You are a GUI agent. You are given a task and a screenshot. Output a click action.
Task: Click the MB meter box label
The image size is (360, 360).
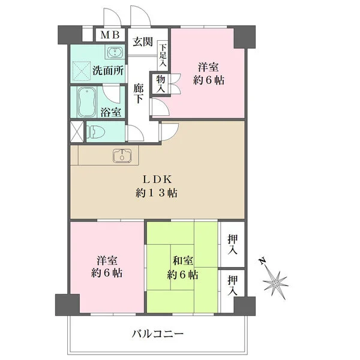coord(110,35)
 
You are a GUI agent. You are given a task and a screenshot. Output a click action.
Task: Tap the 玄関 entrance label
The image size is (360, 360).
coord(143,42)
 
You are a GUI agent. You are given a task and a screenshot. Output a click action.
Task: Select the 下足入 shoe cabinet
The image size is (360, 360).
coord(163,55)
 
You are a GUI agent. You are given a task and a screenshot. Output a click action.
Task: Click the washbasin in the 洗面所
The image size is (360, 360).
coord(115,53)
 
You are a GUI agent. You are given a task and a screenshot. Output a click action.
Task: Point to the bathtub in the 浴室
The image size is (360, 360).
coord(87,103)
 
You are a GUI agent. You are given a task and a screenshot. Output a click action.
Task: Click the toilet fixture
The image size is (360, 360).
coord(95,132)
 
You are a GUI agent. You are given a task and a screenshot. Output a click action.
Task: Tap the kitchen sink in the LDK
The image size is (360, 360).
coord(122,156)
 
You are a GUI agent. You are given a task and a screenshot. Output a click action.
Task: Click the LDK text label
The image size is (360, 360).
coord(157,180)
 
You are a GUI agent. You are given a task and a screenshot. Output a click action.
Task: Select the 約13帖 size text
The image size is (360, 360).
coord(157,193)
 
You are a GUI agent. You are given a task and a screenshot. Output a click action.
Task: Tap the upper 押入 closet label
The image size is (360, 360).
coord(233,245)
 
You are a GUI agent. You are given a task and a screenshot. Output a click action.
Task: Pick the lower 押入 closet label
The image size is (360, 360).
coord(233,286)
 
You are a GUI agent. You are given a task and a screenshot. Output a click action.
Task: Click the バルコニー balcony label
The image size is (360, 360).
coord(157,334)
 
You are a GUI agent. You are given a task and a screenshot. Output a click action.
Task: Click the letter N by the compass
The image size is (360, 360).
coord(262,261)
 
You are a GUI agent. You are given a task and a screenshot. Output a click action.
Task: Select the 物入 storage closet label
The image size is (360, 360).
coord(161,84)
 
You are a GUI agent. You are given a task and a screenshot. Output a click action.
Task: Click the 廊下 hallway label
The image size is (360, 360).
coord(139,94)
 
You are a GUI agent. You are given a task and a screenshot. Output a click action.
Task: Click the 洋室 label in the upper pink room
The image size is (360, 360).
coord(208,67)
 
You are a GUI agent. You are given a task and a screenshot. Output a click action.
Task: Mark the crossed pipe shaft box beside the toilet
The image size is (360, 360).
coord(77,132)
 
